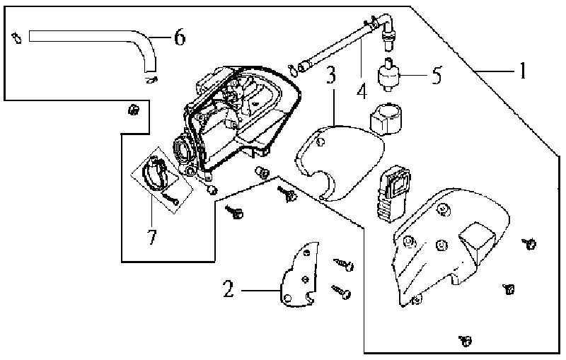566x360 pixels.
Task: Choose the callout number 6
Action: pos(180,37)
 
